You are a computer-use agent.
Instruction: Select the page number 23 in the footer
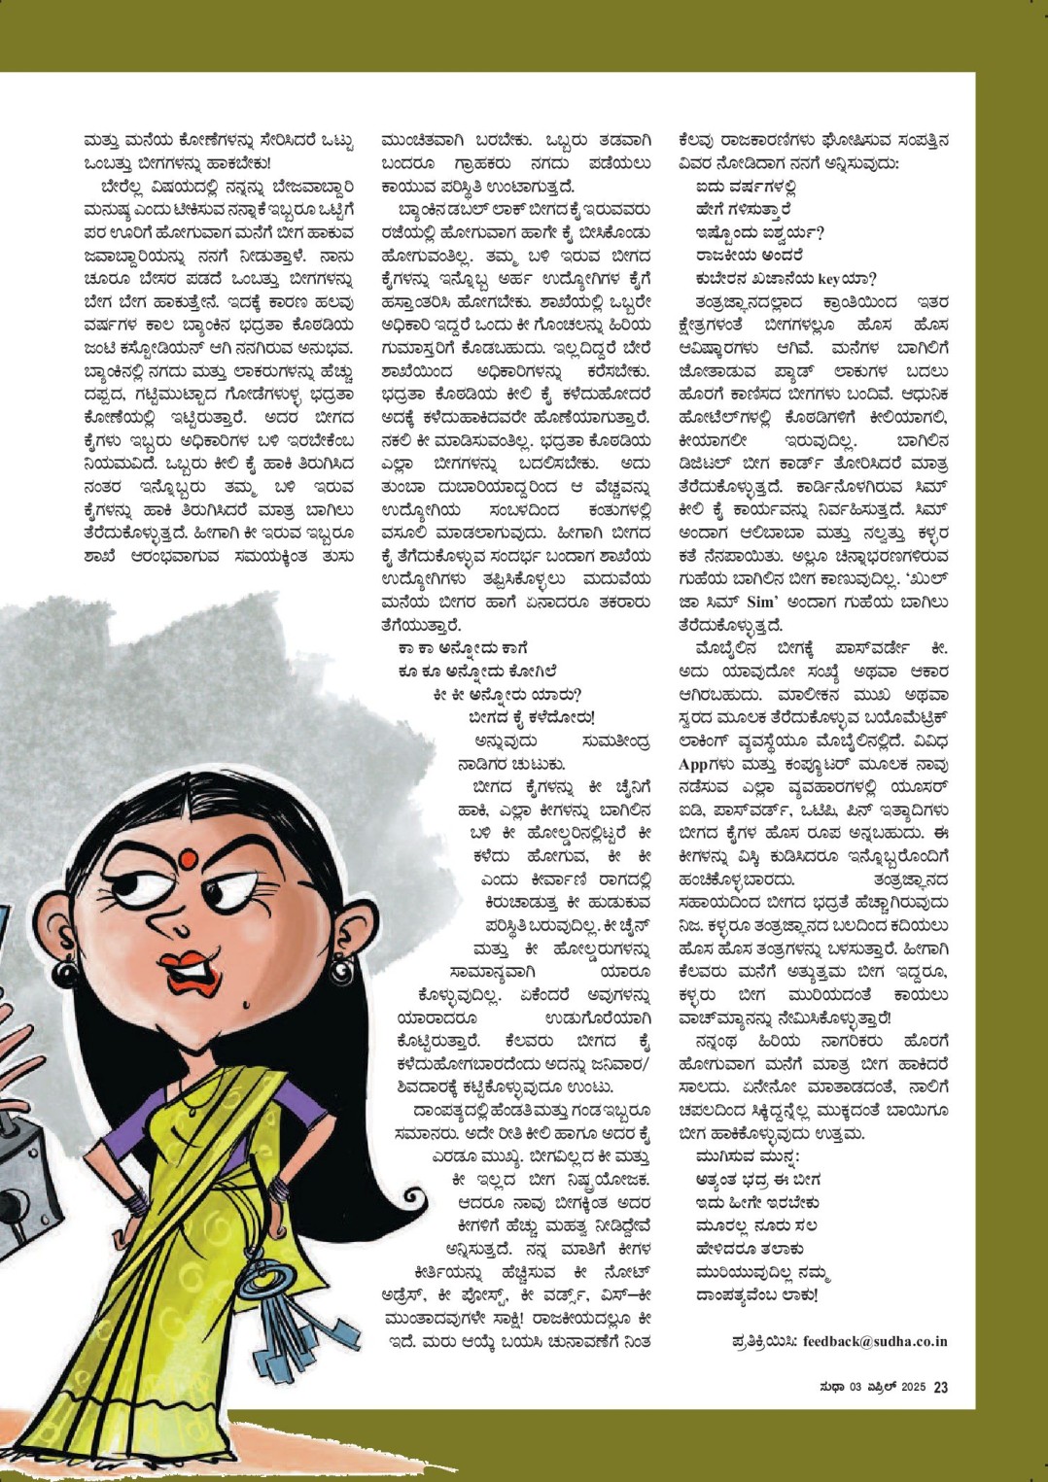pos(940,1388)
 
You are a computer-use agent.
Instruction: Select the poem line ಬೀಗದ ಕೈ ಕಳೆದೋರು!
pos(531,717)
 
